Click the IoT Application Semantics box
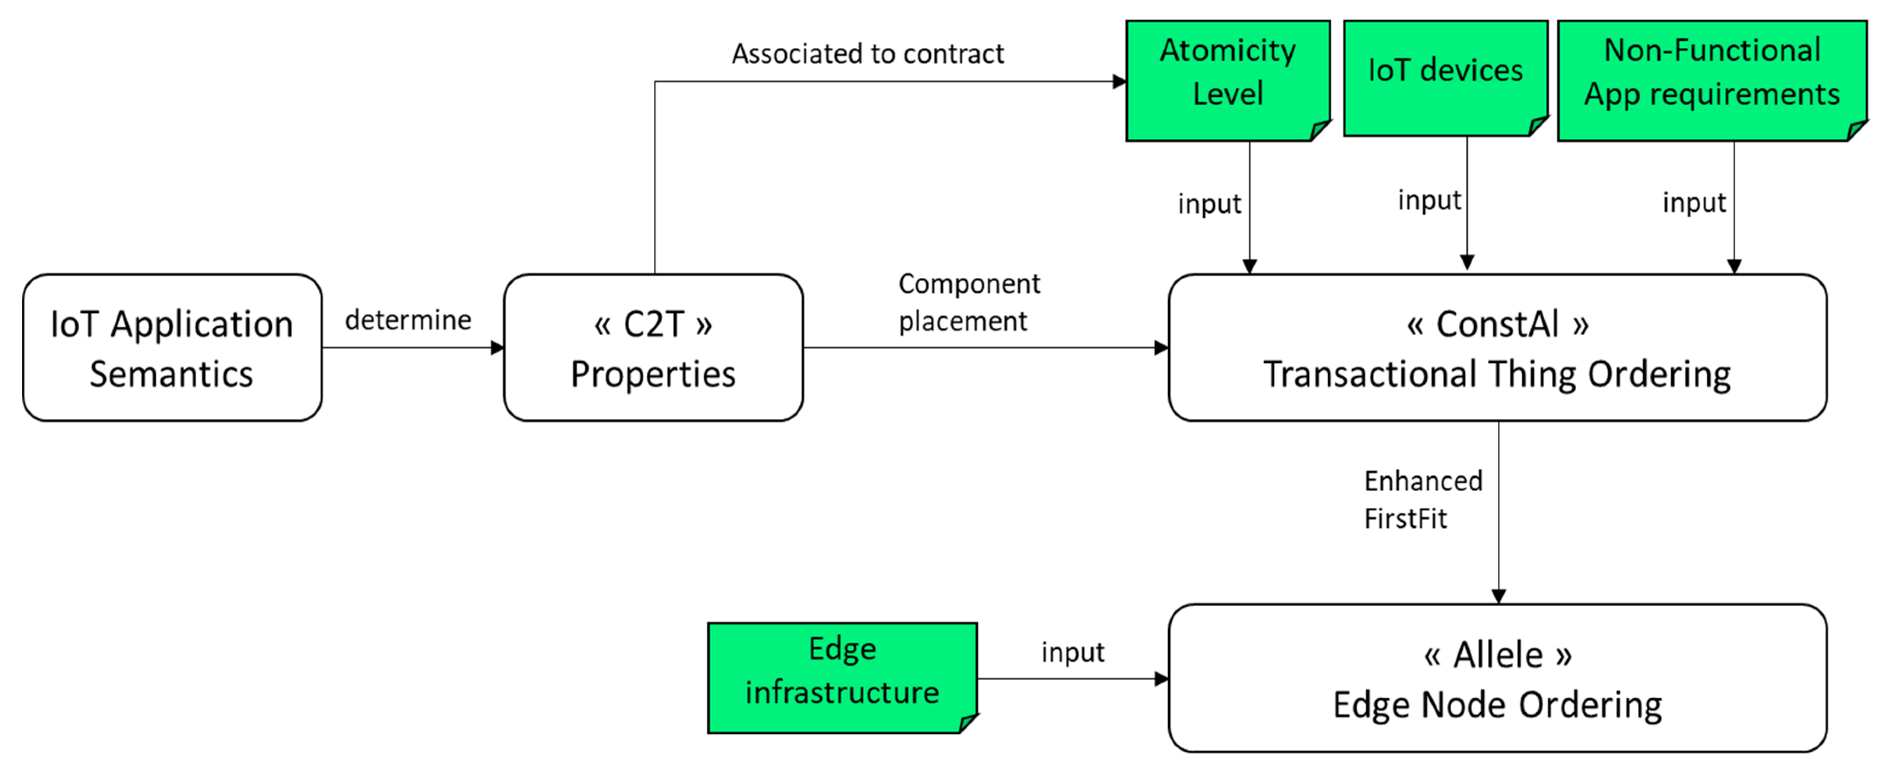(x=172, y=348)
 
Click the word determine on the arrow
(x=408, y=321)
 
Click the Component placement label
(x=968, y=302)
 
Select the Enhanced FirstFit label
(x=1423, y=499)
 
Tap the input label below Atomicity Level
(x=1209, y=204)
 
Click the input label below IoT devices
(x=1429, y=200)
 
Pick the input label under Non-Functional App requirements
(x=1694, y=203)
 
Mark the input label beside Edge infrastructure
(x=1072, y=652)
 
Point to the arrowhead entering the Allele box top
(x=1498, y=596)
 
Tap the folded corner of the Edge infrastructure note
(x=968, y=723)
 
